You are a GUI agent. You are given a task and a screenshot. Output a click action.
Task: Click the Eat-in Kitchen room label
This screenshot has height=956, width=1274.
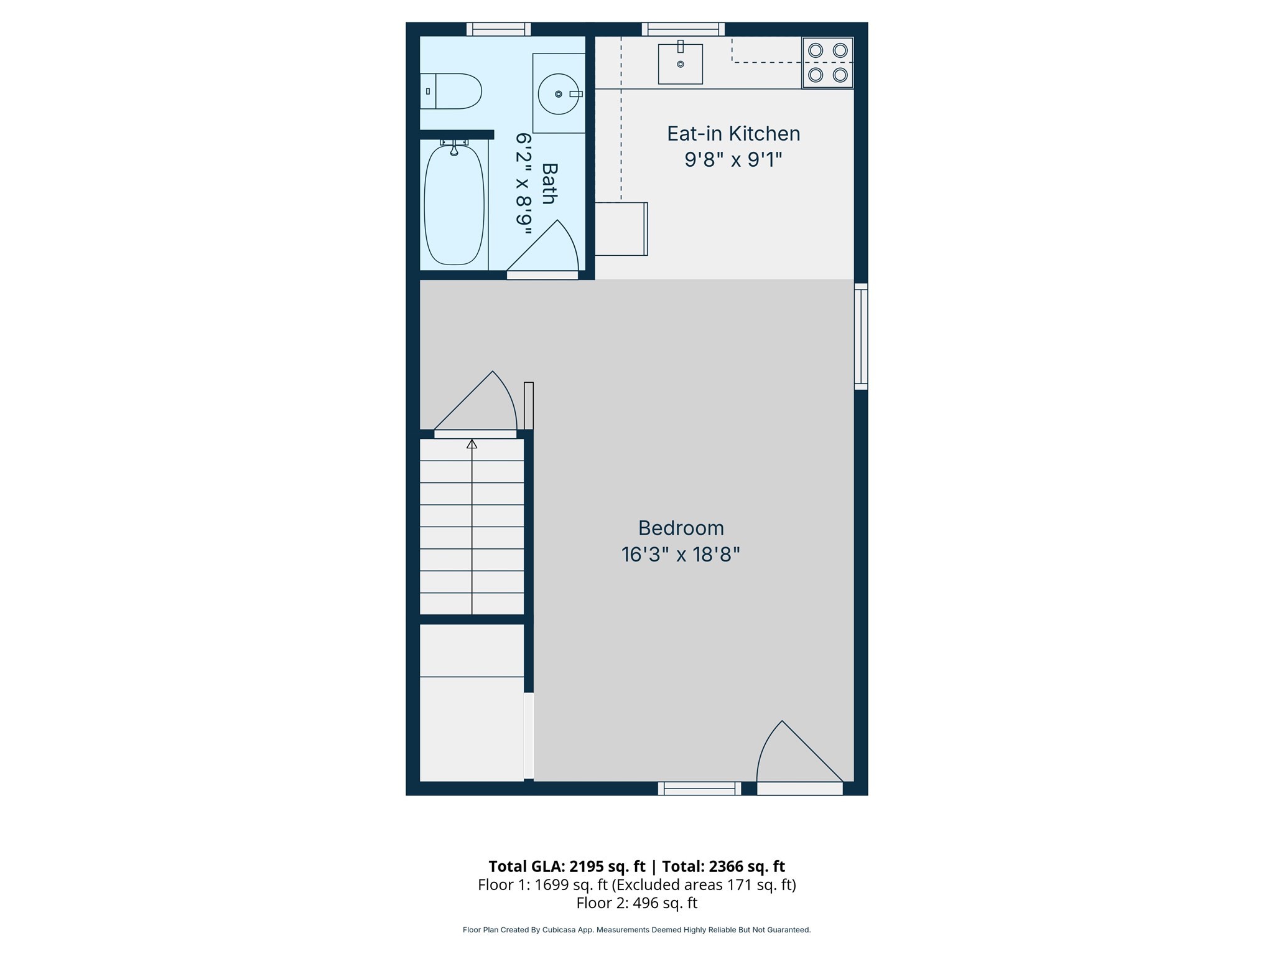(733, 133)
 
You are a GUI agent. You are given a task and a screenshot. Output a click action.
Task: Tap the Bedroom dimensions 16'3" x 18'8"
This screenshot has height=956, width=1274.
(681, 555)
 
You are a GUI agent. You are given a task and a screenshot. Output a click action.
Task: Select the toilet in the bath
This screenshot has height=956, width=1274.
(452, 91)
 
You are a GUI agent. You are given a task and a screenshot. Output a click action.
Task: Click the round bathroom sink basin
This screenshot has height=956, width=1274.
(558, 94)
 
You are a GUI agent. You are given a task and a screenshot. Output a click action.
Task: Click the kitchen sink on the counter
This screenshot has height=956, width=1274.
(680, 64)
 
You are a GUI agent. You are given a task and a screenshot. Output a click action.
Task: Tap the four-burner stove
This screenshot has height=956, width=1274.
(827, 63)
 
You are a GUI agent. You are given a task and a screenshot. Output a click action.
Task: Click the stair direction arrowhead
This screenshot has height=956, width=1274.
(472, 444)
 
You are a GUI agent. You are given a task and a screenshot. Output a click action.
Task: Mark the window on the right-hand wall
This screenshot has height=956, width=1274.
(861, 337)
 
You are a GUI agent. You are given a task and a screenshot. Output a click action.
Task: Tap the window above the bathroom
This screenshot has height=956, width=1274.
(498, 29)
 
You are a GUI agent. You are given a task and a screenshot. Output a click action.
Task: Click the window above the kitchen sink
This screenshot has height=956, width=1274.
(683, 29)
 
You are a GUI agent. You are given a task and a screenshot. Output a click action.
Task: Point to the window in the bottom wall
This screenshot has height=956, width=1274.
(699, 789)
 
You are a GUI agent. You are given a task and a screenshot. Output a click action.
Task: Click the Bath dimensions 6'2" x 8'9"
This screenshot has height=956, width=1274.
(523, 184)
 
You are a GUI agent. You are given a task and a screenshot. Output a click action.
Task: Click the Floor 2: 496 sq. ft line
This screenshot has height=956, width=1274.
(636, 903)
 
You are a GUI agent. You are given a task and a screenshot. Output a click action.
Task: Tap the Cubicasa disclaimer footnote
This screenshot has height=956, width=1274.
(636, 930)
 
